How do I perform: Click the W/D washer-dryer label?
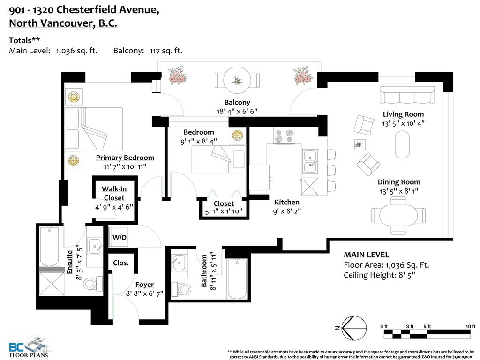coord(120,237)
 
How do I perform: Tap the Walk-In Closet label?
coord(114,193)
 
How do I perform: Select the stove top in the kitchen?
coord(285,136)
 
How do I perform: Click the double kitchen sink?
coord(310,161)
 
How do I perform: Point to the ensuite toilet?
coord(93,283)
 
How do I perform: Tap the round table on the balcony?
coord(237,81)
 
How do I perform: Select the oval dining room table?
coord(398,215)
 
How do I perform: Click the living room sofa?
coord(407,95)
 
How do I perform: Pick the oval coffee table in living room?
coord(402,144)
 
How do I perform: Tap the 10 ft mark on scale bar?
coord(470,326)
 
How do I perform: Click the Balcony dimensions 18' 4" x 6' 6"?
coord(237,111)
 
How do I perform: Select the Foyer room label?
coord(144,285)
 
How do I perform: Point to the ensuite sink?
coord(95,246)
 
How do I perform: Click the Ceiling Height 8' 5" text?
coord(379,275)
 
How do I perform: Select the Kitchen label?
coord(287,202)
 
